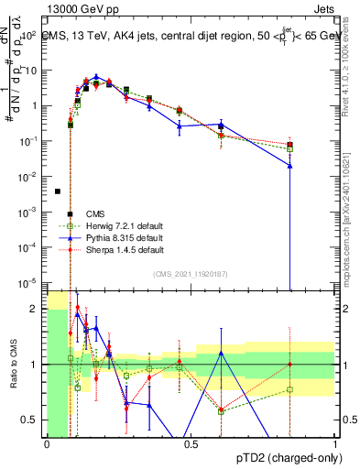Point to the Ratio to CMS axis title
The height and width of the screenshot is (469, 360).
click(12, 365)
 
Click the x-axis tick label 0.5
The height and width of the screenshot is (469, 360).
click(191, 442)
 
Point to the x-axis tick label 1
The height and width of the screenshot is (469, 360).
click(335, 442)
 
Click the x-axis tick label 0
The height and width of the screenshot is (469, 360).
click(47, 442)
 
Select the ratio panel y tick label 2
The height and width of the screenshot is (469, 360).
click(35, 309)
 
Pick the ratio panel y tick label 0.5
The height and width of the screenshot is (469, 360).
click(29, 420)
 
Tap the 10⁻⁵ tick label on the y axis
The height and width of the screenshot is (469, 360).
click(28, 282)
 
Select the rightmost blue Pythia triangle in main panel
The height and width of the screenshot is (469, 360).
click(289, 166)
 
